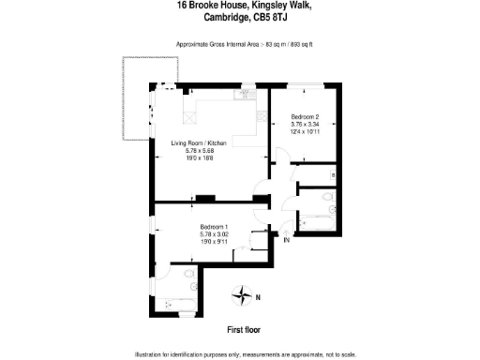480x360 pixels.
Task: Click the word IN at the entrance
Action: tap(287, 241)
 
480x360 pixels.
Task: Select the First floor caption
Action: tap(244, 330)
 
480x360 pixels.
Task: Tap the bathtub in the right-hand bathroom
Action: tap(319, 223)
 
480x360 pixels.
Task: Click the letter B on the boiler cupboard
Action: tap(335, 176)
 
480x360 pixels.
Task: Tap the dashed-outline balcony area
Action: tap(132, 98)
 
